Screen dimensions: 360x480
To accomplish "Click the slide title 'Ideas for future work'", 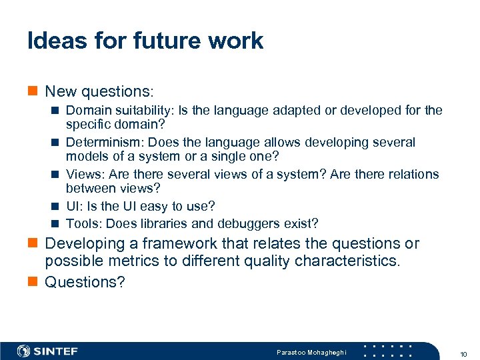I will (x=145, y=41).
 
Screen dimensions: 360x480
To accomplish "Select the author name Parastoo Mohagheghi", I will (x=312, y=352).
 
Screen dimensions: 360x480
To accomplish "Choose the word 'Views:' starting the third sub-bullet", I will (x=84, y=175).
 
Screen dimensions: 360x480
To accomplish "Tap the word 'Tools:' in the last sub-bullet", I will (x=84, y=223).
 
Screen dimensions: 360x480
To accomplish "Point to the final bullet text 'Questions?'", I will (x=85, y=282).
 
